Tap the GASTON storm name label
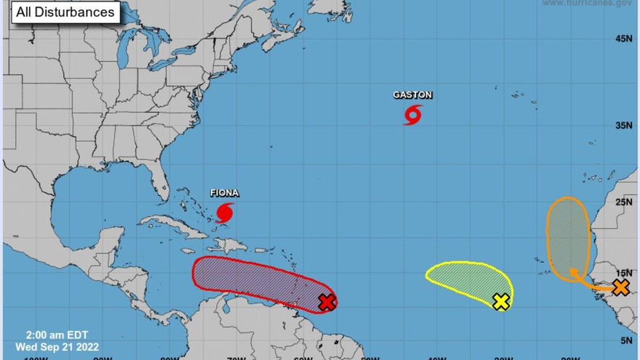(412, 95)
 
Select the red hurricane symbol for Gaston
(413, 115)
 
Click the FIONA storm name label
(224, 193)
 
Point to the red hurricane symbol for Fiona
(225, 213)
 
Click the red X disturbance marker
(327, 302)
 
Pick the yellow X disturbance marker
(500, 302)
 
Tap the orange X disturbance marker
(620, 287)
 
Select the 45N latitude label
(624, 39)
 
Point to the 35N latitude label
(624, 126)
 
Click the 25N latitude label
(624, 202)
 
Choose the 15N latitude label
(624, 273)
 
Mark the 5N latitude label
(626, 340)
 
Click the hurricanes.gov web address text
(586, 4)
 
